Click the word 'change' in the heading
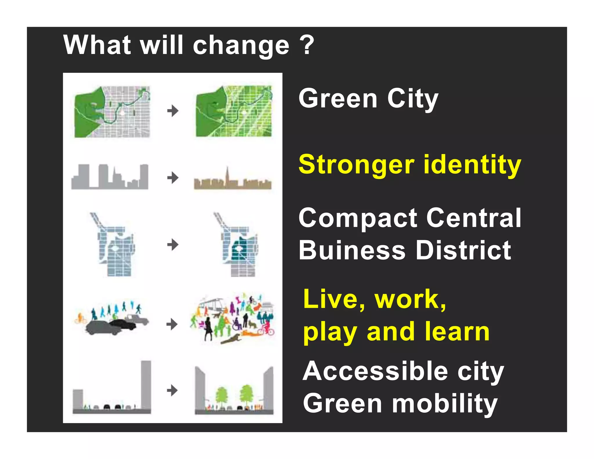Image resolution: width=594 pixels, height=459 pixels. [241, 46]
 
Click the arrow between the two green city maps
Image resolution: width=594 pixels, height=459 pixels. [173, 111]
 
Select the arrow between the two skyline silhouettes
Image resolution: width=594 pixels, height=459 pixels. [173, 177]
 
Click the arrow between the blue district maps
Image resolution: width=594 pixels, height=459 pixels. [173, 245]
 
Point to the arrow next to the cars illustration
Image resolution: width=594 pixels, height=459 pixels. [172, 324]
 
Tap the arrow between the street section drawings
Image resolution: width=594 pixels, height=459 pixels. [172, 390]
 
